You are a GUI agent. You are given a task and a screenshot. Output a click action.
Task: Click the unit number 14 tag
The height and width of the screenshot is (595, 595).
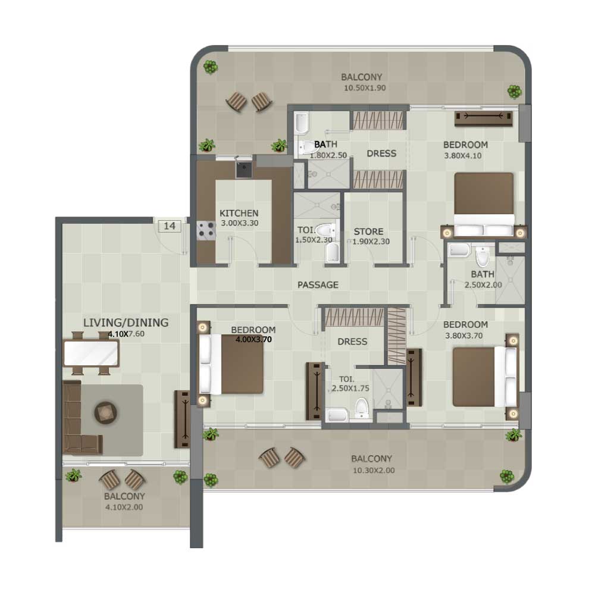[x=169, y=226]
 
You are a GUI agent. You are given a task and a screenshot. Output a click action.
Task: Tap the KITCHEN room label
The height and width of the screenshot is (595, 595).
[x=239, y=213]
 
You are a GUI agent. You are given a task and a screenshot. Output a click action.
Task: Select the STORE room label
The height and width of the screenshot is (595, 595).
[x=368, y=231]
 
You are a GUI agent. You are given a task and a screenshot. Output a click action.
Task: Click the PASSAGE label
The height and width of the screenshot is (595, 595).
[x=318, y=285]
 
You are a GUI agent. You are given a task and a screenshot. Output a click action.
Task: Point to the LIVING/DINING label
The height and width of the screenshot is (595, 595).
[x=126, y=322]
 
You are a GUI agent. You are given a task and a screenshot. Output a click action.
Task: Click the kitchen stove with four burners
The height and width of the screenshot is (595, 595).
[x=206, y=231]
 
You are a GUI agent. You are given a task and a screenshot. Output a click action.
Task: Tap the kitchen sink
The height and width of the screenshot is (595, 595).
[x=243, y=170]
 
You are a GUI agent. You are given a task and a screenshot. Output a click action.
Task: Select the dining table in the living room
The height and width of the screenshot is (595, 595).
[x=92, y=353]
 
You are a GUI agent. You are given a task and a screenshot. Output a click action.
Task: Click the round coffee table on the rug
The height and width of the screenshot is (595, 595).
[x=105, y=413]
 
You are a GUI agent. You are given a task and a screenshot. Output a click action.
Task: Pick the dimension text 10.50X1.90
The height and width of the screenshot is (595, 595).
[x=365, y=88]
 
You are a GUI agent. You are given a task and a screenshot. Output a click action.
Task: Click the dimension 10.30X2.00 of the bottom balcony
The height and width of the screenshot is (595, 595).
[x=374, y=471]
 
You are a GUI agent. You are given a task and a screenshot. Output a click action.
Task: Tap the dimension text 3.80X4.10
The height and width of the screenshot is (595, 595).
[x=463, y=155]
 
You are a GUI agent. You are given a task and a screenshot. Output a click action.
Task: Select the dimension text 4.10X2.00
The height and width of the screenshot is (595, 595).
[x=124, y=508]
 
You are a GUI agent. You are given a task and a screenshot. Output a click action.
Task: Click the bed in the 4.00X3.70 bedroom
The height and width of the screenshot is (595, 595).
[x=231, y=364]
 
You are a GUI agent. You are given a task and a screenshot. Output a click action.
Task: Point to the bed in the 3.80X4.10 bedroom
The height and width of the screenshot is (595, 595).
[x=484, y=205]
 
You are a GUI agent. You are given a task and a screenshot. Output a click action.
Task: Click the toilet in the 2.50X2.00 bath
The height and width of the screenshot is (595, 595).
[x=483, y=258]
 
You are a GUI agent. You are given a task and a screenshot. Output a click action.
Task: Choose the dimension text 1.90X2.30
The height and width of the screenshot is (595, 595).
[x=371, y=242]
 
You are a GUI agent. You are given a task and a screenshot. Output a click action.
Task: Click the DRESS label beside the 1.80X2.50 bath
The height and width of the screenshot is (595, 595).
[x=381, y=154]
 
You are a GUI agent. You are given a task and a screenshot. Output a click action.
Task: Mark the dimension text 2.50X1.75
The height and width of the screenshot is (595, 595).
[x=350, y=389]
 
